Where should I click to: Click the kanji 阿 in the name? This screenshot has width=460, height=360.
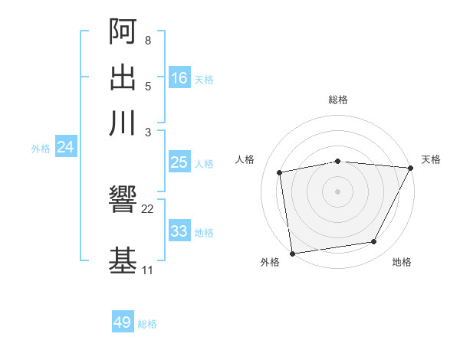click(123, 32)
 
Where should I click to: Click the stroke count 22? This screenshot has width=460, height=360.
click(148, 208)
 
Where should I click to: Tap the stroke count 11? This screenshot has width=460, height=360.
click(147, 270)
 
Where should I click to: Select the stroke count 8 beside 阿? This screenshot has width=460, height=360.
click(147, 40)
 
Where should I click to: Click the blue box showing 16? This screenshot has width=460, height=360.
click(179, 78)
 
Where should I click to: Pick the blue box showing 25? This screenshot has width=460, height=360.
click(179, 162)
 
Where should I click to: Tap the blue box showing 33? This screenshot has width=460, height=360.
click(179, 231)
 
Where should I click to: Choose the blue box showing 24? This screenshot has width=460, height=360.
click(66, 148)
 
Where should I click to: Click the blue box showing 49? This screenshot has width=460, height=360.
click(123, 322)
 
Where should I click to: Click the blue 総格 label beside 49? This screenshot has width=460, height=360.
click(148, 324)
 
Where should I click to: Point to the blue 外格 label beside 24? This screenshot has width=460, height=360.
click(41, 149)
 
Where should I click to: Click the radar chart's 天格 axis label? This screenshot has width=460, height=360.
click(431, 159)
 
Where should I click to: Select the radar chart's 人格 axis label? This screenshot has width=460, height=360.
click(245, 159)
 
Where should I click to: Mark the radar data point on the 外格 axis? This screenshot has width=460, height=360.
click(292, 252)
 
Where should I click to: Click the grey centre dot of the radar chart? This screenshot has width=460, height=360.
click(338, 191)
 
